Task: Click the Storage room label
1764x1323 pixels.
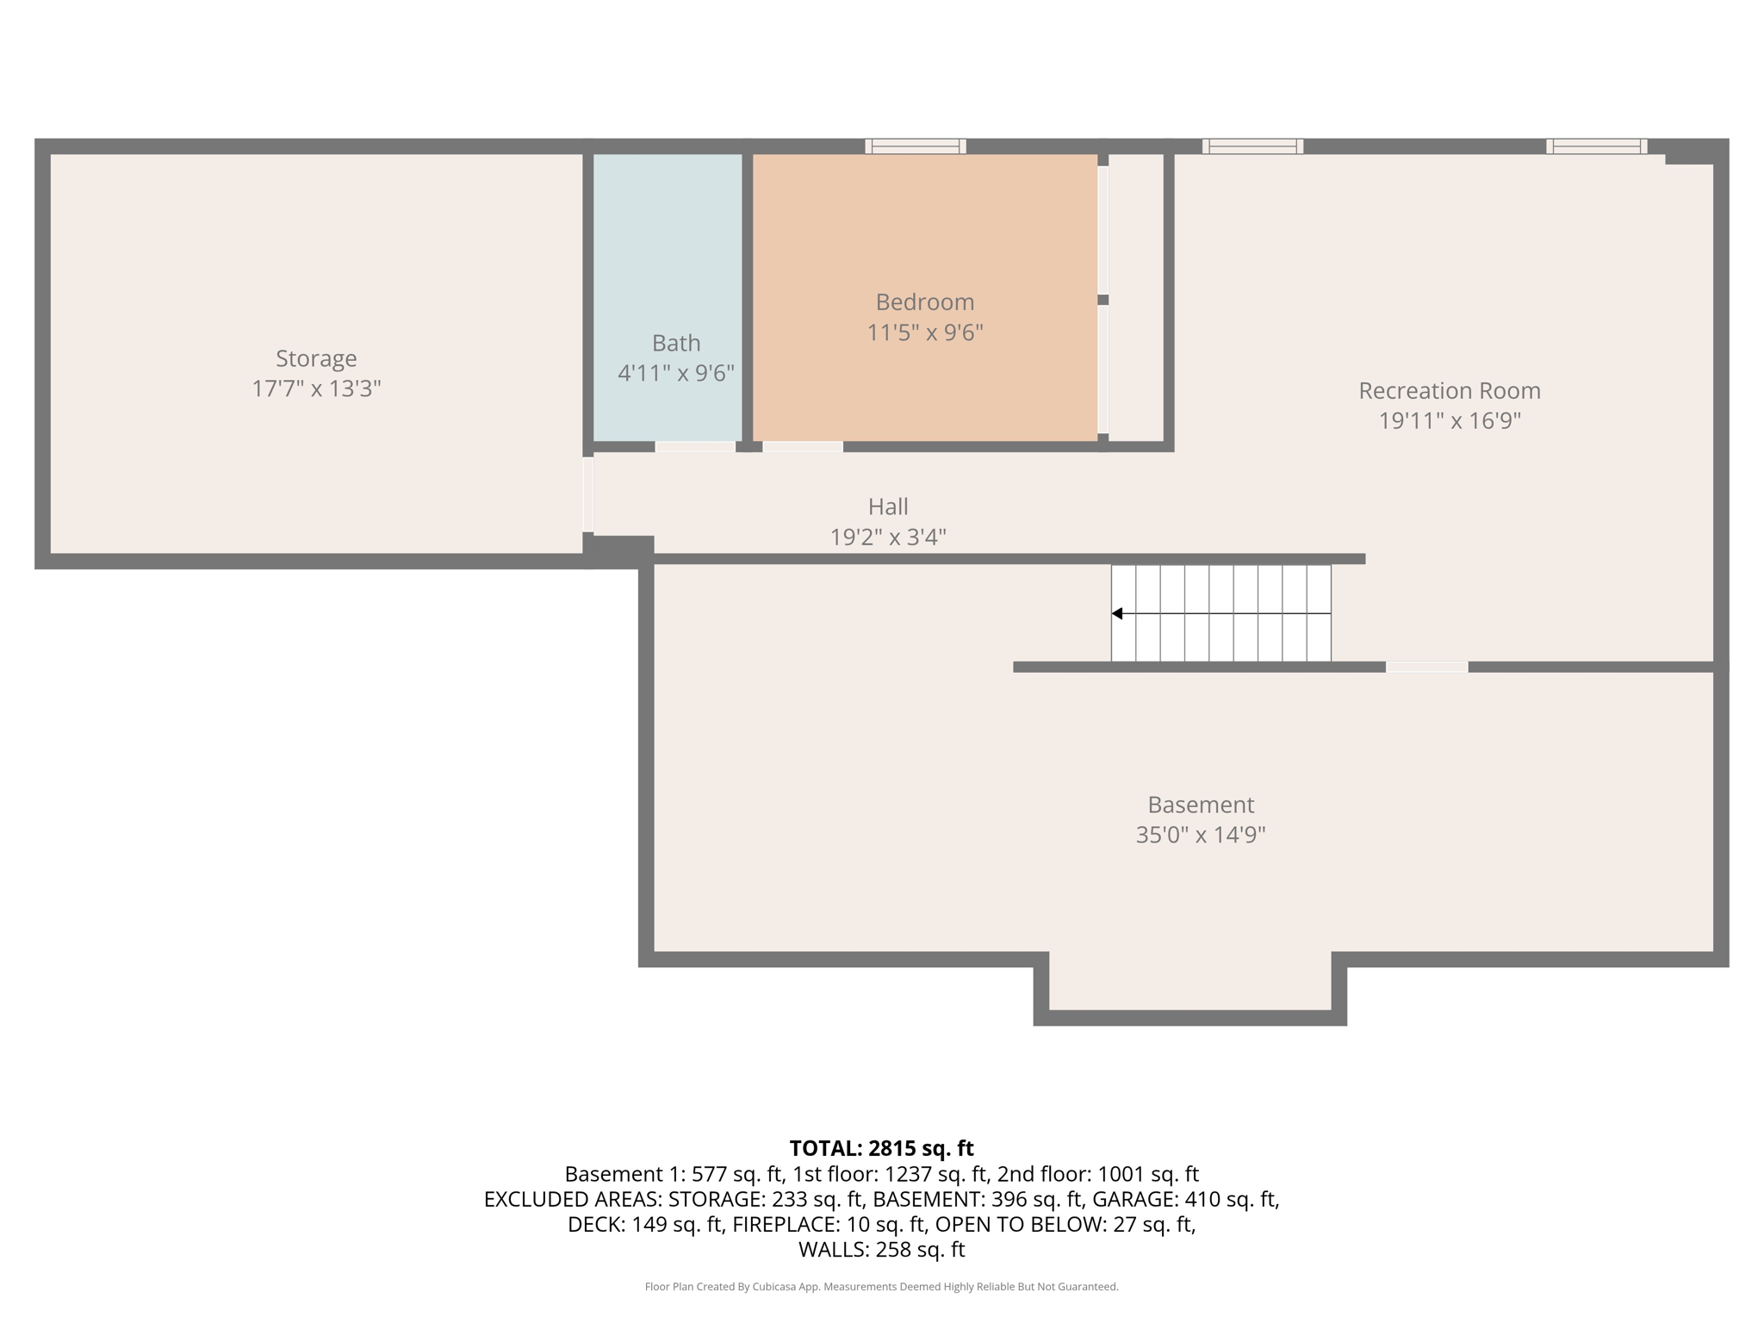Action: (316, 358)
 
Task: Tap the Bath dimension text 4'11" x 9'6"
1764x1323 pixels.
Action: (676, 373)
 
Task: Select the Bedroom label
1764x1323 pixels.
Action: (925, 302)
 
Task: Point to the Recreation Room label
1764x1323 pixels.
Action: (1450, 391)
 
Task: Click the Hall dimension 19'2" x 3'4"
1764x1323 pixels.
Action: (888, 537)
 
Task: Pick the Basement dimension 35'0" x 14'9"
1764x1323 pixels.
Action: (1201, 835)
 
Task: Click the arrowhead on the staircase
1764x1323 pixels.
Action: (1117, 613)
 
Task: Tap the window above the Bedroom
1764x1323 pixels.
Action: (916, 146)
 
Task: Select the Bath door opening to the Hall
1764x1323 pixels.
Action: (695, 446)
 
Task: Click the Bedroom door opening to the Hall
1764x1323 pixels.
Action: (803, 446)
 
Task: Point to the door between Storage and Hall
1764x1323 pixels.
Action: (588, 494)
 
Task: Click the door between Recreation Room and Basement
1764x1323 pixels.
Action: (1427, 667)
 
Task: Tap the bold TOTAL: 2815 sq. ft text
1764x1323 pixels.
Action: (881, 1148)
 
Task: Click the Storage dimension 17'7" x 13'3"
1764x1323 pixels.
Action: (316, 388)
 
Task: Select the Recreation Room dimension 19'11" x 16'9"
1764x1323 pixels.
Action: (1450, 421)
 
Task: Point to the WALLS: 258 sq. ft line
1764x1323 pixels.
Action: (881, 1250)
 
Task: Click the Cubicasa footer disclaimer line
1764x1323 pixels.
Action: (881, 1287)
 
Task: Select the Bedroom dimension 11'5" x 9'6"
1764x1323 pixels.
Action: (925, 332)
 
